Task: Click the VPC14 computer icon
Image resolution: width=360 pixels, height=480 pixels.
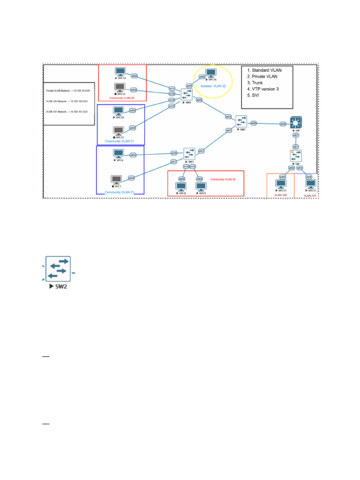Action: point(120,72)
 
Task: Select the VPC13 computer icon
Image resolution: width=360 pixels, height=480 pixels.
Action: point(120,88)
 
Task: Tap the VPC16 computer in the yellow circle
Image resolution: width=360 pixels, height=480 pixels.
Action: point(211,73)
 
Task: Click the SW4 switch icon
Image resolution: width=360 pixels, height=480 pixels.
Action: point(187,93)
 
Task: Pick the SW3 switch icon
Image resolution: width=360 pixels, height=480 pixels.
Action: point(189,153)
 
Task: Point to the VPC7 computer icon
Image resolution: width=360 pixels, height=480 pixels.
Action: point(116,180)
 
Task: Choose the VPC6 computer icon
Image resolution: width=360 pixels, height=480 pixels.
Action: point(119,154)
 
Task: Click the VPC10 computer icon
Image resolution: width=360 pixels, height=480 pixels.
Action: point(119,111)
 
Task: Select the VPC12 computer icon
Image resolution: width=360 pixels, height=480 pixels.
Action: point(119,131)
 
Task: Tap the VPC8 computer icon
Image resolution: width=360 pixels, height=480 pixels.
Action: point(181,187)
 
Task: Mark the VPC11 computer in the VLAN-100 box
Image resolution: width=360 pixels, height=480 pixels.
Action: point(282,184)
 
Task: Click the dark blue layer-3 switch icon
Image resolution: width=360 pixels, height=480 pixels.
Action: point(296,122)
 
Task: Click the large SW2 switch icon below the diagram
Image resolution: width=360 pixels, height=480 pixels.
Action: point(58,268)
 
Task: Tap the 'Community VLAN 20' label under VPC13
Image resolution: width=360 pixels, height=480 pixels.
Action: point(122,98)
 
